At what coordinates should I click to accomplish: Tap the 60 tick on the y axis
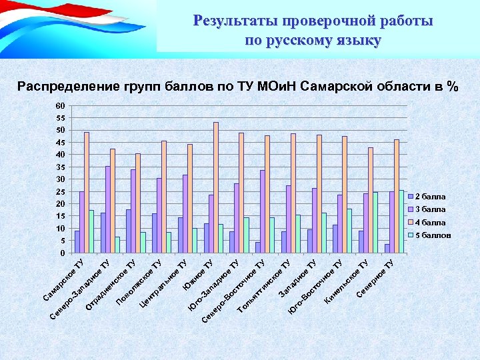pos(61,106)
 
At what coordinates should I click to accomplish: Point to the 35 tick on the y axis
pos(61,167)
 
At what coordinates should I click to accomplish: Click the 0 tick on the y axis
pos(63,253)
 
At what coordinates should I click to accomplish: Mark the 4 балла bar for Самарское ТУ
pos(87,193)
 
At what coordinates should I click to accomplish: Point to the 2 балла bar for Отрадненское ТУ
pos(129,231)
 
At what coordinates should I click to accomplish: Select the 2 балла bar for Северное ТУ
pos(387,249)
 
